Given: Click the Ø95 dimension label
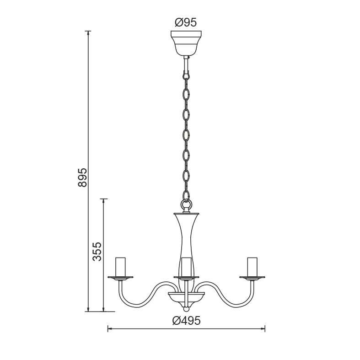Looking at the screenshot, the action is [x=186, y=22].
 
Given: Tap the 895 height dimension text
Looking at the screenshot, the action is [x=83, y=177].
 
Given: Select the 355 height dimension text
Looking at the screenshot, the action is [x=97, y=252].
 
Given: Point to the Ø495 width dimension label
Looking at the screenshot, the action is [x=187, y=321].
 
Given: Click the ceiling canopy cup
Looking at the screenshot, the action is [x=186, y=43].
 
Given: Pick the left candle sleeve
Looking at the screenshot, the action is [x=121, y=267].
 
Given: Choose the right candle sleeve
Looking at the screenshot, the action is [x=252, y=267].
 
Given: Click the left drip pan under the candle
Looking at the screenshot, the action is [x=121, y=278].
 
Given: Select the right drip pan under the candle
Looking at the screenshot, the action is [x=252, y=278].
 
